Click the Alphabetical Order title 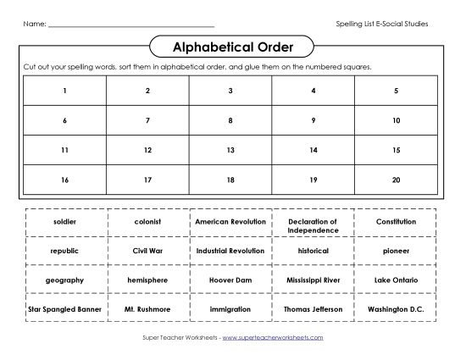[x=233, y=47]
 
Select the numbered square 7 [x=147, y=120]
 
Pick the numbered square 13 [x=230, y=150]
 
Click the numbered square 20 [x=396, y=180]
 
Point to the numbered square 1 [x=64, y=91]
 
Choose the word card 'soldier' [x=64, y=221]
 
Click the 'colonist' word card [x=147, y=221]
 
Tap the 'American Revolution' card [x=230, y=221]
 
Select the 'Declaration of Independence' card [x=313, y=225]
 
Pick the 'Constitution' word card [x=396, y=221]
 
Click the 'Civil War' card [x=147, y=251]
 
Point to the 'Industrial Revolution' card [x=230, y=251]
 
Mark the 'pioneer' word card [x=396, y=251]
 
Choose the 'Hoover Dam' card [x=230, y=280]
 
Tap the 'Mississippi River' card [x=313, y=280]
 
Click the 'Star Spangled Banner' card [x=64, y=309]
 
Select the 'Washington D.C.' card [x=396, y=309]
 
